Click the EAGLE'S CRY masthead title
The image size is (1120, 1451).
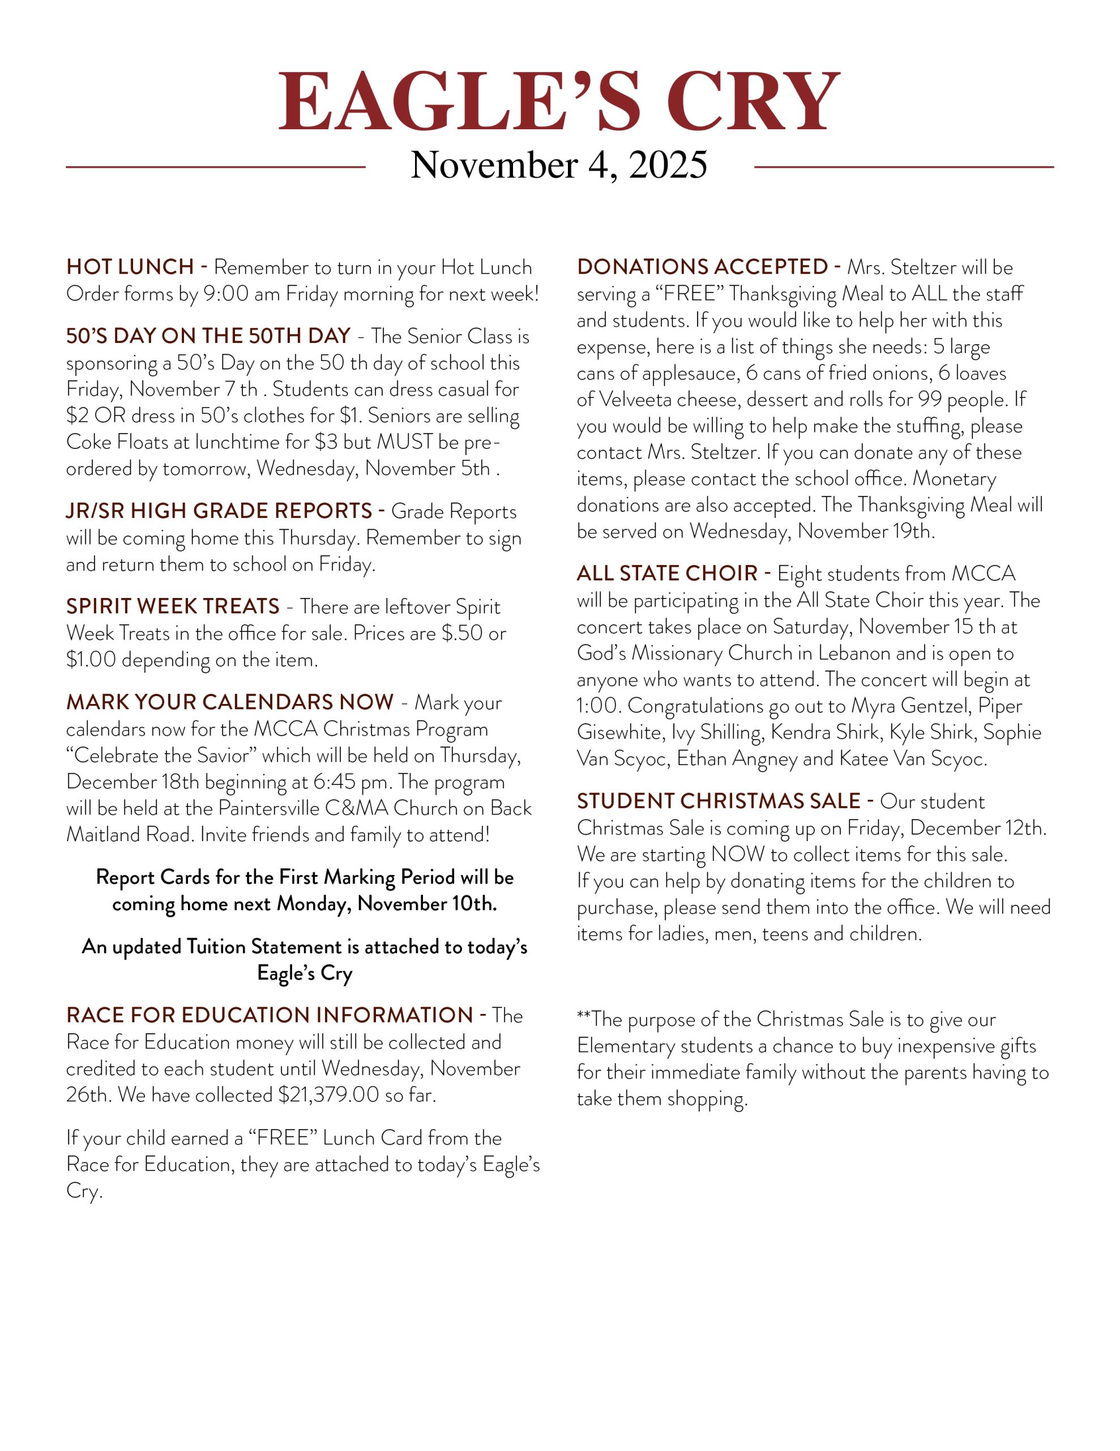(x=559, y=101)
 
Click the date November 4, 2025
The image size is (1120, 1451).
(x=559, y=165)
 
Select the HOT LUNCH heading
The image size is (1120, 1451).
(x=130, y=267)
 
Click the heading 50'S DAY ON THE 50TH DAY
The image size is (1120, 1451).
(x=208, y=336)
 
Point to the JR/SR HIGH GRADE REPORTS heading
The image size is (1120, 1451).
(x=219, y=511)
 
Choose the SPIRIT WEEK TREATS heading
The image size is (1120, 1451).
(x=173, y=606)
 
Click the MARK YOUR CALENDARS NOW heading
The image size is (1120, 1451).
(x=230, y=702)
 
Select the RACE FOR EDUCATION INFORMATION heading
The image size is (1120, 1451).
(x=269, y=1015)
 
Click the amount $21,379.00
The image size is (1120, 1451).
(x=328, y=1095)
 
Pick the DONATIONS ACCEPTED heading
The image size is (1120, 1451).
(x=702, y=267)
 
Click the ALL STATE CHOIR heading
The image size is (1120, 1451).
(x=666, y=574)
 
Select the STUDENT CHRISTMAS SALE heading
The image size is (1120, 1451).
(x=719, y=801)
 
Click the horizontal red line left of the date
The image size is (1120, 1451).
(x=215, y=167)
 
